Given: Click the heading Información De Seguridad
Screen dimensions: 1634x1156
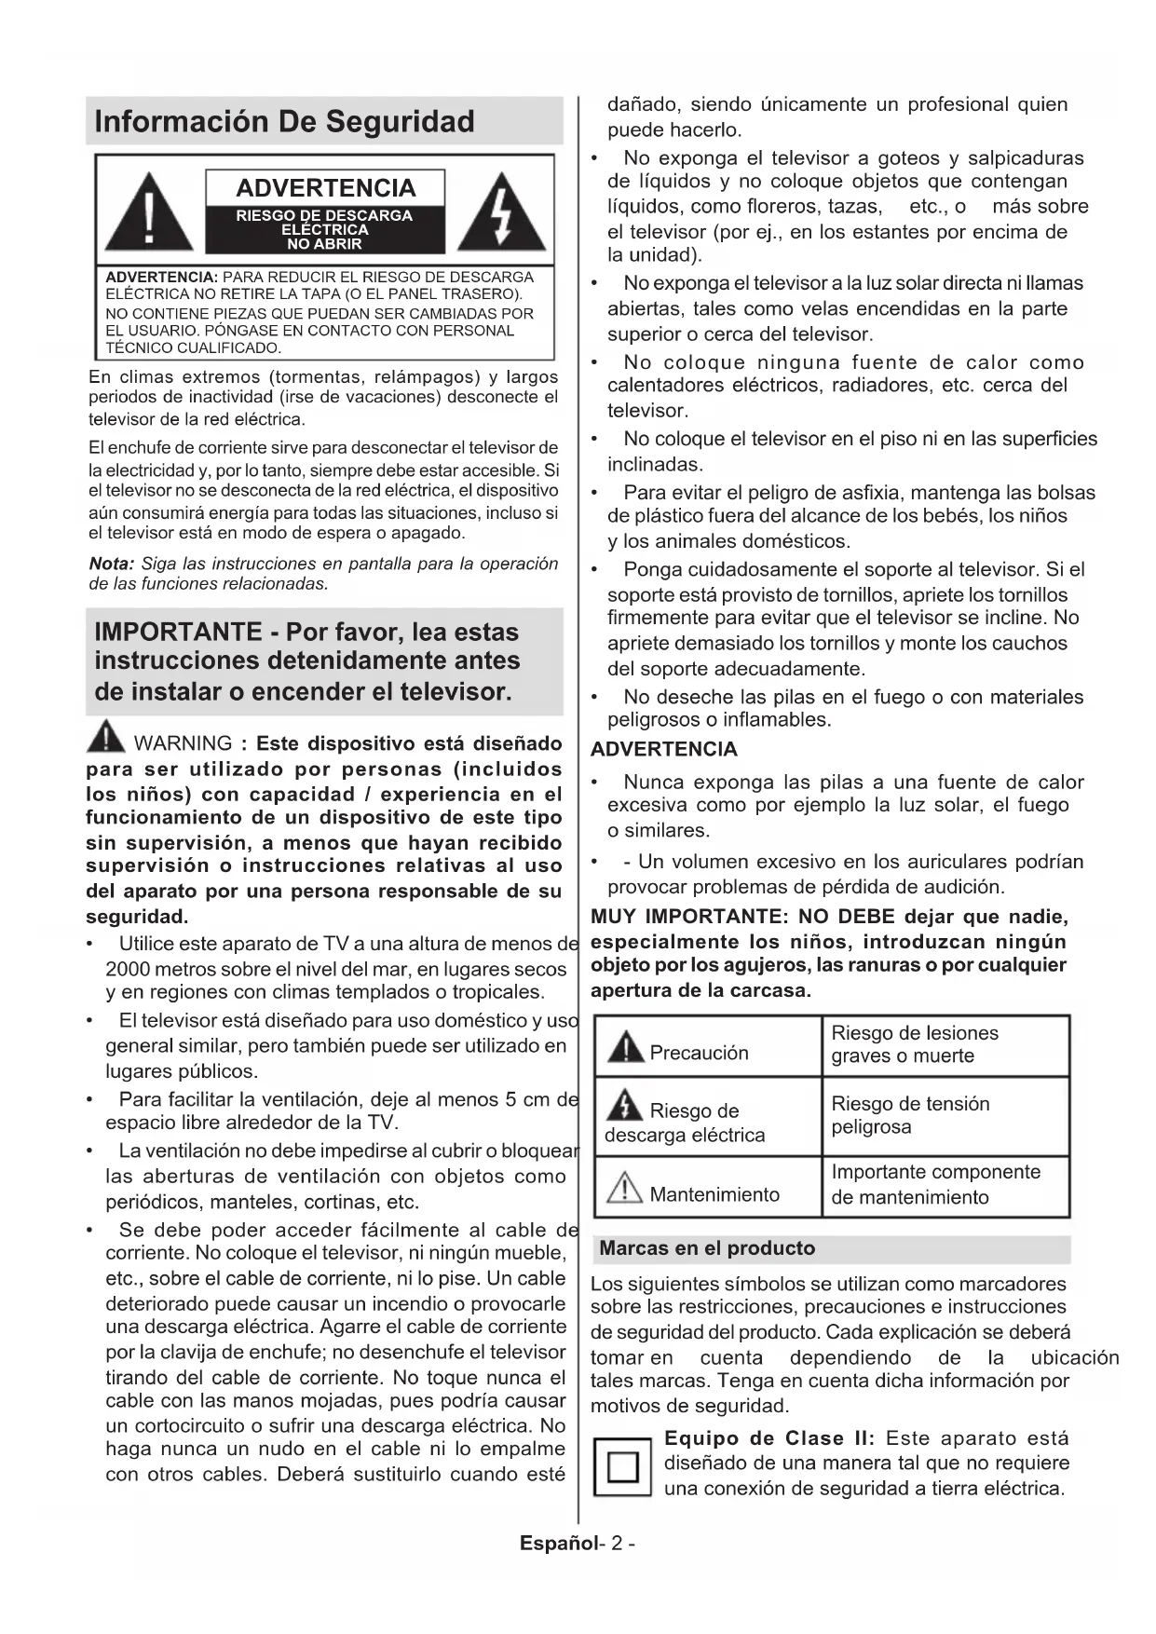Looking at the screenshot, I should coord(284,122).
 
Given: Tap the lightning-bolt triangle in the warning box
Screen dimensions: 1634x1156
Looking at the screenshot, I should coord(503,213).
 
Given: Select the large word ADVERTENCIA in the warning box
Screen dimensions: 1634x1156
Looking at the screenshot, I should coord(325,188).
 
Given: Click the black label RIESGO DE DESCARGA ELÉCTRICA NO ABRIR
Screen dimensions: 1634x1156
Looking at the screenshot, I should coord(324,229).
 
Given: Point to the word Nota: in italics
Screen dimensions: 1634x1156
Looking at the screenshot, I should coord(112,564).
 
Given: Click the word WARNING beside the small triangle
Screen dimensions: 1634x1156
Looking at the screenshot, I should coord(184,743).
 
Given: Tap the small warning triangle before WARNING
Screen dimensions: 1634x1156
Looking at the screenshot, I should coord(105,738).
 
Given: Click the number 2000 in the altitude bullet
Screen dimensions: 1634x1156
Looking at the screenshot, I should coord(128,969).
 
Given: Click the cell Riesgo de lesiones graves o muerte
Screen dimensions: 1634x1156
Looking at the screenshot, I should coord(914,1044).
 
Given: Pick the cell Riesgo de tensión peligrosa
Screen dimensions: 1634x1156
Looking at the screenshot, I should coord(910,1115).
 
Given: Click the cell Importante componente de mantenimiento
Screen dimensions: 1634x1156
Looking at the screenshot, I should coord(935,1184).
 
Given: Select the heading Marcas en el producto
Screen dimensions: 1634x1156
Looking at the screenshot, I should coord(707,1248).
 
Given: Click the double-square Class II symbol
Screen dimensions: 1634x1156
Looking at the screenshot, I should coord(621,1465).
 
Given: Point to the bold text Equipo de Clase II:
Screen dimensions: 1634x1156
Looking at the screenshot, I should coord(769,1438).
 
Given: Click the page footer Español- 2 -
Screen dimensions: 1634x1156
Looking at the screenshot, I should coord(578,1544).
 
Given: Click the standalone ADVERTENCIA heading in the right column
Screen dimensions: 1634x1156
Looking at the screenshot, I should coord(663,749).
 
